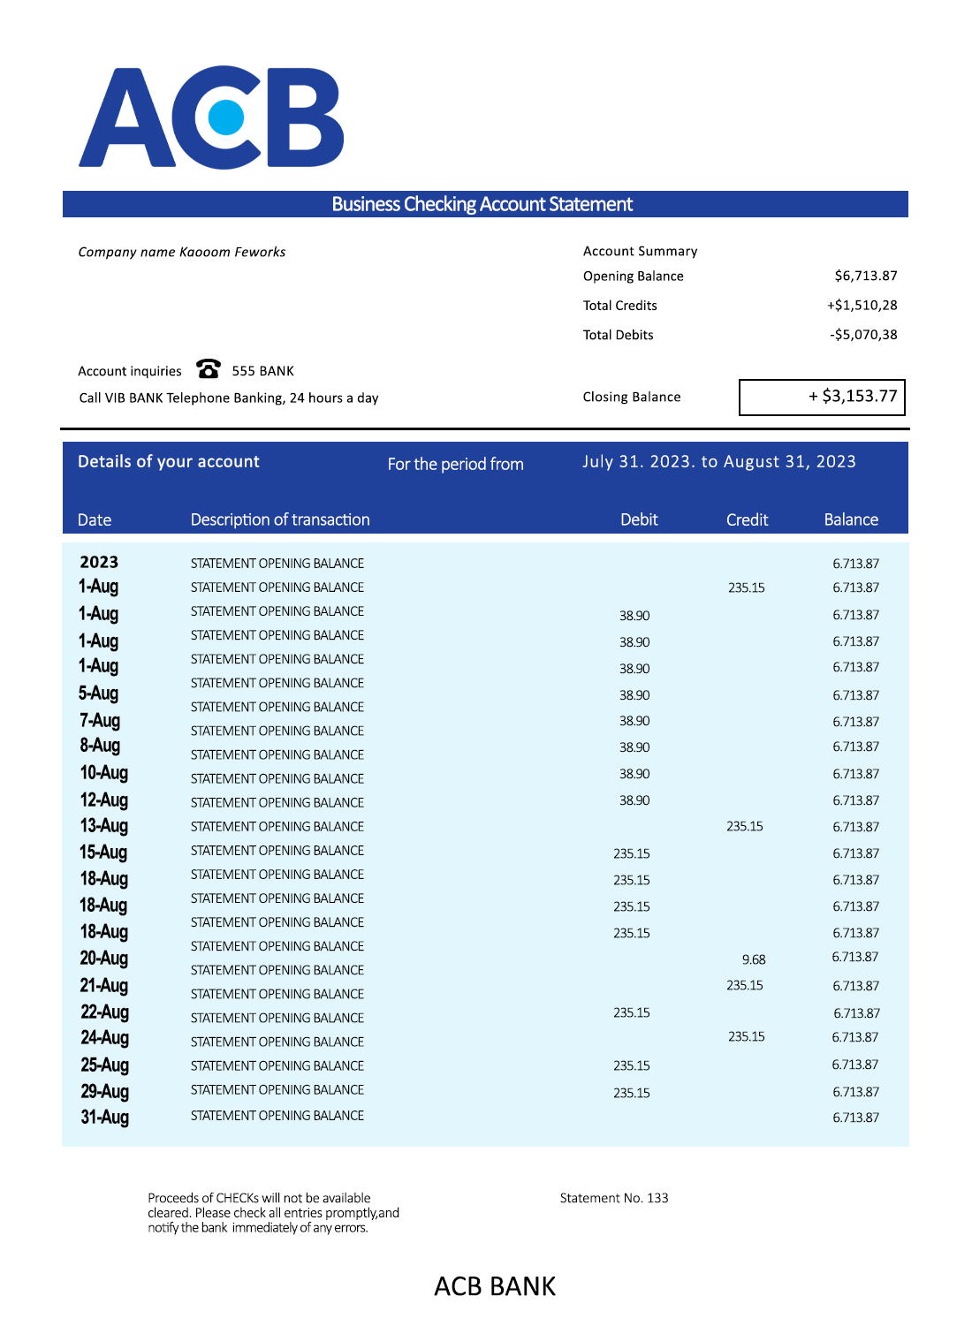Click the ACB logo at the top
[x=211, y=117]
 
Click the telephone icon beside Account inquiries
[x=209, y=368]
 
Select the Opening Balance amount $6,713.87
[x=865, y=276]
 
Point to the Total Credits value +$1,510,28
[x=862, y=305]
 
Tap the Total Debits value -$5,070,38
[x=863, y=335]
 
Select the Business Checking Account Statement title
[x=482, y=204]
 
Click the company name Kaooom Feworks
[x=232, y=252]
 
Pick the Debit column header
[x=639, y=519]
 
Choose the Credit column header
[x=747, y=519]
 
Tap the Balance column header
[x=851, y=519]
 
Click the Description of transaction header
[x=280, y=519]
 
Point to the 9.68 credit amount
[x=754, y=959]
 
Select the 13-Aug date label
[x=104, y=826]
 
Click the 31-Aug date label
[x=105, y=1117]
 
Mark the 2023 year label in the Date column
[x=99, y=562]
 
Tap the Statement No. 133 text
[x=614, y=1198]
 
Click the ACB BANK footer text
[x=495, y=1286]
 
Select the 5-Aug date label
[x=98, y=694]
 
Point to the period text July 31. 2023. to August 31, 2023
[x=718, y=461]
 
